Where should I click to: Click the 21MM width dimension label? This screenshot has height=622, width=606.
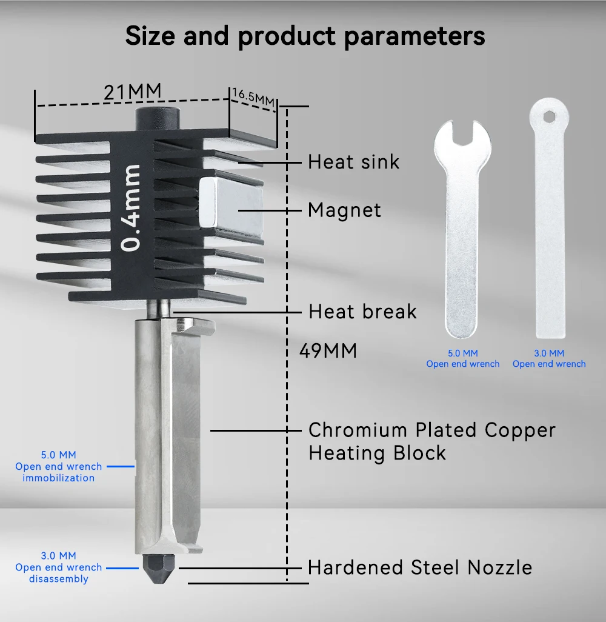[x=133, y=92]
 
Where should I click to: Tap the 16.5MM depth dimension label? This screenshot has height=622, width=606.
[x=253, y=97]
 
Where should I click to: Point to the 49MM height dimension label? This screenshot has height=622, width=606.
[x=328, y=350]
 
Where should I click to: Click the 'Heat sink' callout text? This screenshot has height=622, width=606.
[x=353, y=162]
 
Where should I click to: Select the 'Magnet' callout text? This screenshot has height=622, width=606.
[x=344, y=210]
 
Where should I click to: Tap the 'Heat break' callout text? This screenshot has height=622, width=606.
[x=362, y=312]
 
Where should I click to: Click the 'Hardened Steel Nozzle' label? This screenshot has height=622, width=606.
[x=420, y=567]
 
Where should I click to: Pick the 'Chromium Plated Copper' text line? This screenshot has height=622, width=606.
[x=432, y=430]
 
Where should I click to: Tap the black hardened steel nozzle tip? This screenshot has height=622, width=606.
[x=158, y=568]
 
